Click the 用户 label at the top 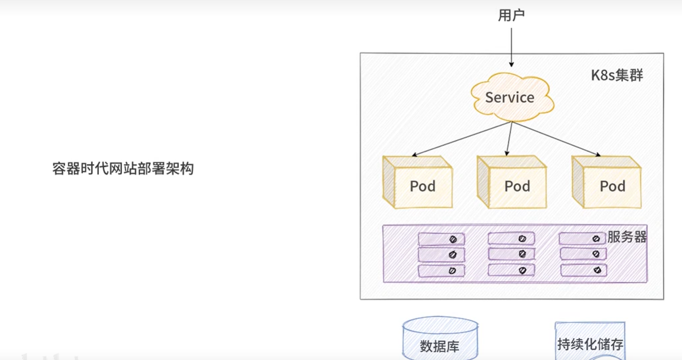pos(511,16)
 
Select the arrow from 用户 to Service pos(511,47)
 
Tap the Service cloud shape pos(510,97)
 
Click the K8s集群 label pos(617,75)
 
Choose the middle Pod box pos(512,183)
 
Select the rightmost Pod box pos(606,183)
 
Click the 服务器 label pos(627,237)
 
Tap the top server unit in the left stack pos(441,239)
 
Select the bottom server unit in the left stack pos(441,271)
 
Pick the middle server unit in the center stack pos(511,254)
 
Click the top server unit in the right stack pos(582,239)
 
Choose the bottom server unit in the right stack pos(582,270)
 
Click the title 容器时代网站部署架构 pos(123,169)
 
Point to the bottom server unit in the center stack pos(511,270)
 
